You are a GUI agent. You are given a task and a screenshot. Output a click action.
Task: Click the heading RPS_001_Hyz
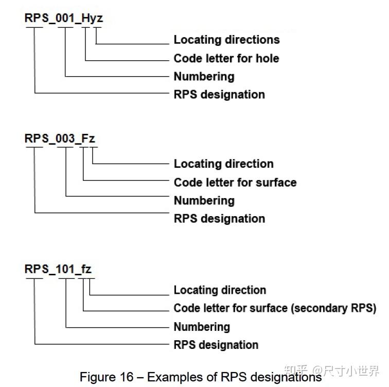tap(64, 18)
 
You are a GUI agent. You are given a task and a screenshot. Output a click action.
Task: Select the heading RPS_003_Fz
tap(60, 138)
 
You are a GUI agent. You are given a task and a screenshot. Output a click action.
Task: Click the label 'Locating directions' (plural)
tap(226, 40)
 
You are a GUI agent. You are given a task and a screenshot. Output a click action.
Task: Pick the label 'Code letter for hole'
tap(226, 58)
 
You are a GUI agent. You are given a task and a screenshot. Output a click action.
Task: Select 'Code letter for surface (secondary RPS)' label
tap(275, 308)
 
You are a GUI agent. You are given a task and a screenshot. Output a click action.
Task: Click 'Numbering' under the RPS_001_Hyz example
tap(204, 77)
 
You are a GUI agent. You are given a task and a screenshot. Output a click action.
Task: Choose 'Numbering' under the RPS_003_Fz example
tap(204, 201)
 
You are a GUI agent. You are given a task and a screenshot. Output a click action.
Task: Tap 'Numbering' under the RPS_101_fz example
tap(202, 327)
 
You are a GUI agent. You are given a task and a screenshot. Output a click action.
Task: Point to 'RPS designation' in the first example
tap(219, 95)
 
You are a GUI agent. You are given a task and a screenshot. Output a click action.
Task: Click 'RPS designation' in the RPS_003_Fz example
tap(219, 219)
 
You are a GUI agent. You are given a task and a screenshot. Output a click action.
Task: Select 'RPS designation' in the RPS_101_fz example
tap(216, 345)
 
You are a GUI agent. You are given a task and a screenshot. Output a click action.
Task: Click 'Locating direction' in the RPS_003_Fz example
tap(223, 164)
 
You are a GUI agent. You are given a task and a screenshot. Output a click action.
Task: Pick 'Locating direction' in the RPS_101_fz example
tap(220, 290)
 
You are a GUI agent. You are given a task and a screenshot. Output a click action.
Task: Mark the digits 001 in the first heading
tap(65, 18)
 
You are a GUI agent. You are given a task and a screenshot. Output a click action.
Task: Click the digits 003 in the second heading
tap(65, 138)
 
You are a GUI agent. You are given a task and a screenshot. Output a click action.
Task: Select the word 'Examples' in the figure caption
tap(171, 377)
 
